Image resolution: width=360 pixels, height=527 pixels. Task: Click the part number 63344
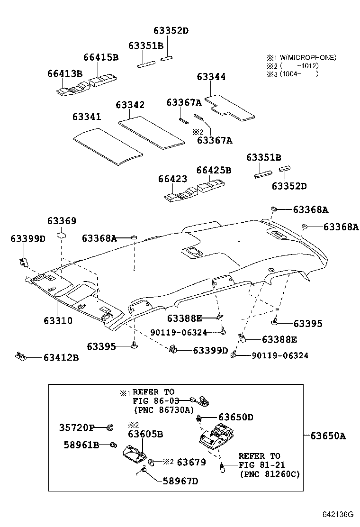click(x=211, y=77)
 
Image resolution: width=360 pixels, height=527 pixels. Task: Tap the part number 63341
click(x=87, y=117)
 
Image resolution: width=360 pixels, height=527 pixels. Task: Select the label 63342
click(x=130, y=105)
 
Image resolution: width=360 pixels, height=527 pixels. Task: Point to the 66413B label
click(x=65, y=73)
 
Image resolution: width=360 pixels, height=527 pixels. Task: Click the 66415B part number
click(x=100, y=57)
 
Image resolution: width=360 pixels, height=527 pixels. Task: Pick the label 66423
click(x=172, y=179)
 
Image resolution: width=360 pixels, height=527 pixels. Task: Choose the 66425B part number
click(x=214, y=170)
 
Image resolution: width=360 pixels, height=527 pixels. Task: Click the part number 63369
click(x=62, y=221)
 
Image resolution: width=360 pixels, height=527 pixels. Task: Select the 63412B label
click(x=61, y=357)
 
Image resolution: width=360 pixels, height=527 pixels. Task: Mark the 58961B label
click(x=81, y=445)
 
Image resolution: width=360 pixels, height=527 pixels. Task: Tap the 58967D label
click(x=180, y=482)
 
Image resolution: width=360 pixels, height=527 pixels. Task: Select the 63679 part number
click(x=191, y=462)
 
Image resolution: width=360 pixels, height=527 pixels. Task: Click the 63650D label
click(x=235, y=418)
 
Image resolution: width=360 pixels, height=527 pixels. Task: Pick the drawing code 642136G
click(x=338, y=514)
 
